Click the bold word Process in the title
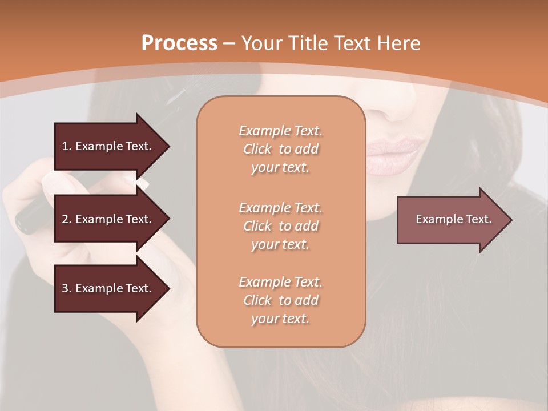click(x=179, y=43)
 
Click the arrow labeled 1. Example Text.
click(x=108, y=146)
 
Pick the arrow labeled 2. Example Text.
click(x=108, y=219)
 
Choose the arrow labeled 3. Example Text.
click(x=108, y=288)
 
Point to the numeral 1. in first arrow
click(x=67, y=146)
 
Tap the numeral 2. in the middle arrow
click(x=67, y=219)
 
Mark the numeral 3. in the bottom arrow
click(x=67, y=288)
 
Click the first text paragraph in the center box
click(x=281, y=149)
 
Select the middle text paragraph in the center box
click(x=281, y=226)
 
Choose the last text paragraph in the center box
click(x=281, y=300)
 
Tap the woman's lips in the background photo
click(x=394, y=153)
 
